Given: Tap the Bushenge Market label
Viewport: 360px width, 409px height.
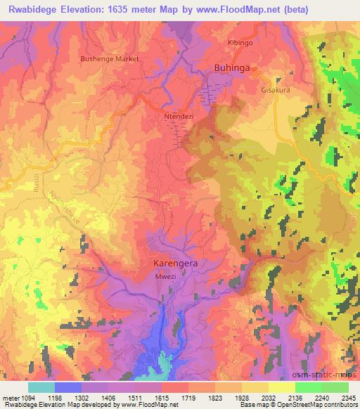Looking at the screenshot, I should (110, 59).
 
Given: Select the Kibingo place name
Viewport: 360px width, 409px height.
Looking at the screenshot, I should (240, 43).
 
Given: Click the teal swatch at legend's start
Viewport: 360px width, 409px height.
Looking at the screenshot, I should (41, 387).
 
